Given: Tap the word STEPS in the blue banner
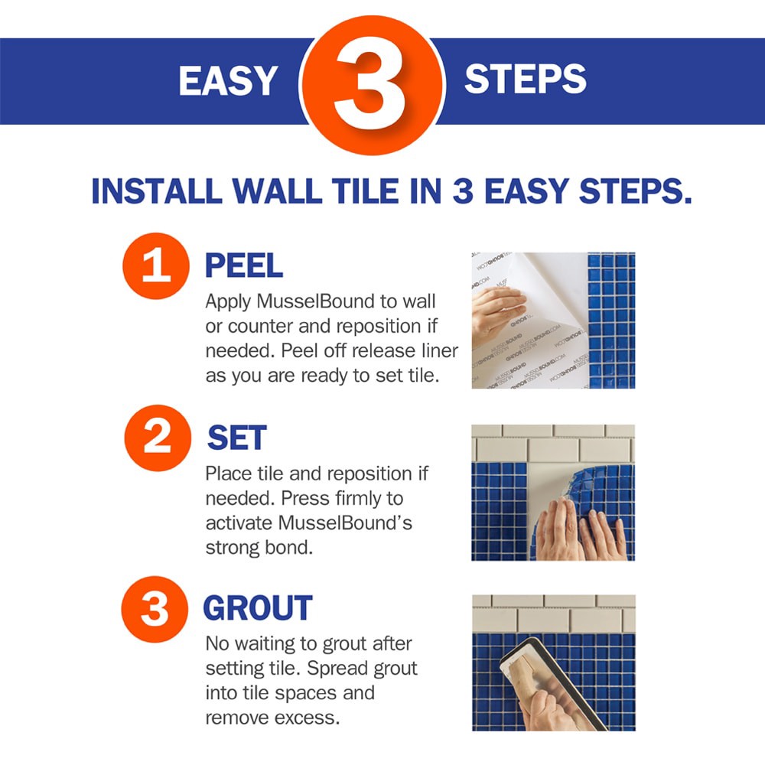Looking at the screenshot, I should [526, 80].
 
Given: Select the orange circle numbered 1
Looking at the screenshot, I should [155, 265].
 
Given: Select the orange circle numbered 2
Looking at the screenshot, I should [156, 437].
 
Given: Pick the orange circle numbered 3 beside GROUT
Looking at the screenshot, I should [155, 609].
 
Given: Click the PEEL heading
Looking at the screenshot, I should [243, 265].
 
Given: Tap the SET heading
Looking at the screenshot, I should [236, 438].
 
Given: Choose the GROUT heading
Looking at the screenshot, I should [257, 609].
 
